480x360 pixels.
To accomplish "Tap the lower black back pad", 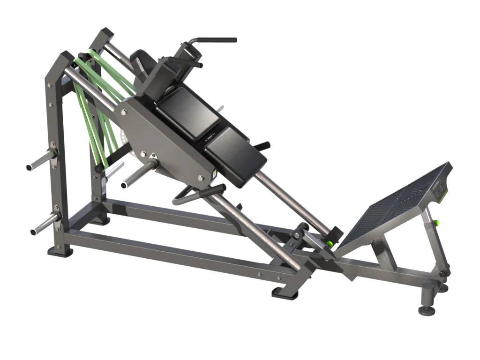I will [235, 151].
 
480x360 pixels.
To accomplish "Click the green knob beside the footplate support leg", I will [436, 223].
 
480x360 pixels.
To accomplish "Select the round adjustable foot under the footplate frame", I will [427, 309].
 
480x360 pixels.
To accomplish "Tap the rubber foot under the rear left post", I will [60, 252].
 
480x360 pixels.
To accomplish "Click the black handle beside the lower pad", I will [264, 146].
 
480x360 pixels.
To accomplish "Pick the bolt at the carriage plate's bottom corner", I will [201, 178].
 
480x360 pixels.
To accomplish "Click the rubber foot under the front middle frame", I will [285, 292].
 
